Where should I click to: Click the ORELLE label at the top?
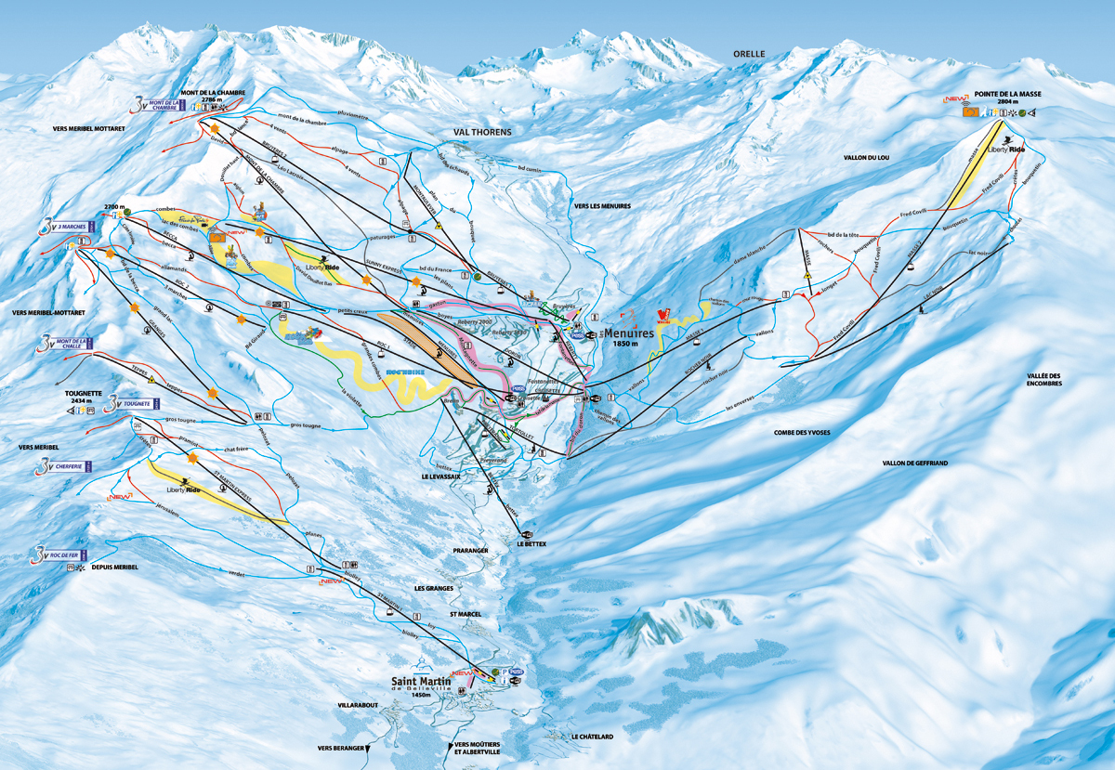point(747,54)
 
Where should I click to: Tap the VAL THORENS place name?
point(482,133)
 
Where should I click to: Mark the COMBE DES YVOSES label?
point(802,433)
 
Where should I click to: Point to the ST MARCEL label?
point(465,613)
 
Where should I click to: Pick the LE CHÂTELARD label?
point(593,737)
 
